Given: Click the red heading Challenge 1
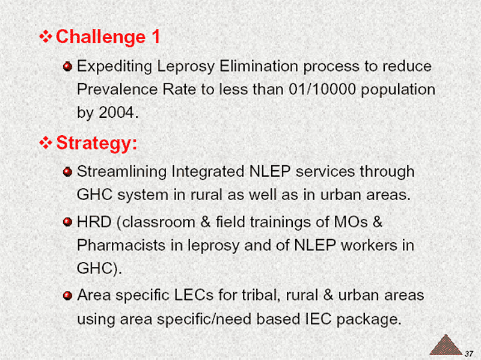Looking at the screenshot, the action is [108, 37].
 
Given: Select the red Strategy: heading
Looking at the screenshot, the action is [97, 143].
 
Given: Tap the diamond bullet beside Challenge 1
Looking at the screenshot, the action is [46, 37].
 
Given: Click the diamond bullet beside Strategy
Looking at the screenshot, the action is [46, 143].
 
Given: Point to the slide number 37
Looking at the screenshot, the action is [469, 353].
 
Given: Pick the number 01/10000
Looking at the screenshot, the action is [322, 90].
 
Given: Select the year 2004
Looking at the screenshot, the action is [116, 112].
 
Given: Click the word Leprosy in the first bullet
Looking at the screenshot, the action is [186, 67].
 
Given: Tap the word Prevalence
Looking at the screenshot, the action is [117, 90].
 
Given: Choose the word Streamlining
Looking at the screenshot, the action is [122, 172].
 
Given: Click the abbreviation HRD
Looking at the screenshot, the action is [94, 222].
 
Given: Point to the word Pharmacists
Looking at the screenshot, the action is [121, 245].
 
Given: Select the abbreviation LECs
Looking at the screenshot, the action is [194, 295].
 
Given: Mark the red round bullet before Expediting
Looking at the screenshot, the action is [67, 66].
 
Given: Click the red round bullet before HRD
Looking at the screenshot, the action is [67, 222].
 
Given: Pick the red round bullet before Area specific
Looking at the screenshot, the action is [67, 295].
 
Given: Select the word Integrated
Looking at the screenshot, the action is [208, 172].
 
